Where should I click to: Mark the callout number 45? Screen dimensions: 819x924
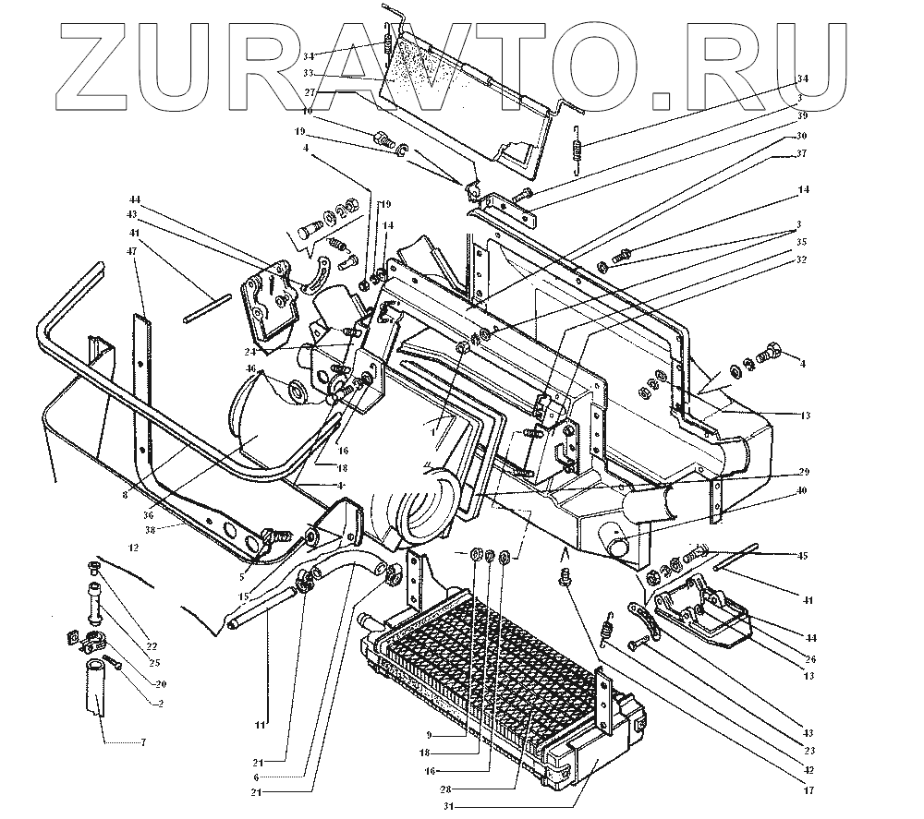click(x=802, y=555)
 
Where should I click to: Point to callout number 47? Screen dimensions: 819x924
click(x=135, y=251)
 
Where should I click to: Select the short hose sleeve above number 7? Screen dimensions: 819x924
click(x=96, y=688)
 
